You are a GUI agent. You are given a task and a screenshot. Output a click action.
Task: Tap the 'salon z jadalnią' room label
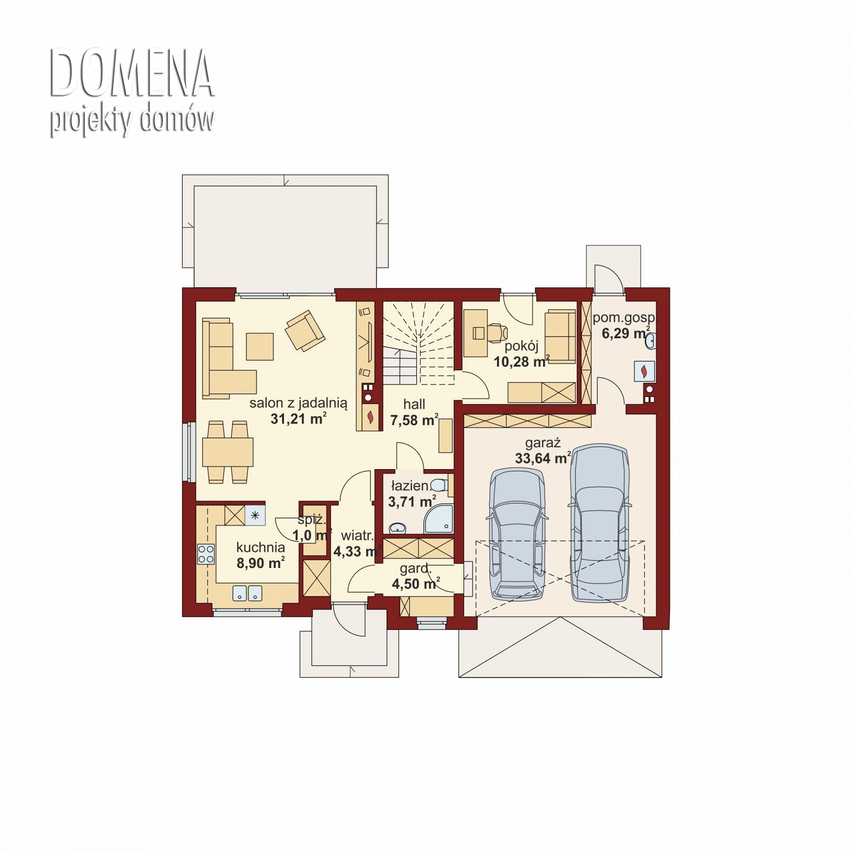[x=298, y=404]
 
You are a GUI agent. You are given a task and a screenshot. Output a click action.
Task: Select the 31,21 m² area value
[x=298, y=419]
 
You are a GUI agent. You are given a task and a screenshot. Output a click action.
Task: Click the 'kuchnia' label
[x=261, y=548]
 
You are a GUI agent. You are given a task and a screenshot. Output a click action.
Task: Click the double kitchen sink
[x=247, y=593]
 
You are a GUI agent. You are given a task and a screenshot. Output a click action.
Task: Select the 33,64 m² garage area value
[x=543, y=458]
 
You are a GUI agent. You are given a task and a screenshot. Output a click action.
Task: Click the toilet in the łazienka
[x=439, y=485]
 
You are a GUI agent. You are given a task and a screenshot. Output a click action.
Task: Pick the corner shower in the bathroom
[x=439, y=519]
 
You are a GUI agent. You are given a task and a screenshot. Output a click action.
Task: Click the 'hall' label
[x=414, y=404]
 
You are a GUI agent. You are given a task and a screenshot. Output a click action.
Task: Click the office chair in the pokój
[x=498, y=332]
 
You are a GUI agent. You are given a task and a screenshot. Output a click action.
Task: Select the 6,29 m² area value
[x=626, y=333]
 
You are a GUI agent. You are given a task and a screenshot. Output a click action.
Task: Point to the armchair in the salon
[x=305, y=330]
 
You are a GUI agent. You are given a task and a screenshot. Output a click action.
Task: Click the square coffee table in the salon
[x=260, y=346]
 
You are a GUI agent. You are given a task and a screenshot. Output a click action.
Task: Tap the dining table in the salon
[x=228, y=452]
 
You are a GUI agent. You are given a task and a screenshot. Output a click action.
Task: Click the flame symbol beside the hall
[x=371, y=416]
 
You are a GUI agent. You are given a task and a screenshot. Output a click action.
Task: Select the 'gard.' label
[x=415, y=569]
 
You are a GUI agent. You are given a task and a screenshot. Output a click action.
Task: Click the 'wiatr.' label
[x=358, y=536]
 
